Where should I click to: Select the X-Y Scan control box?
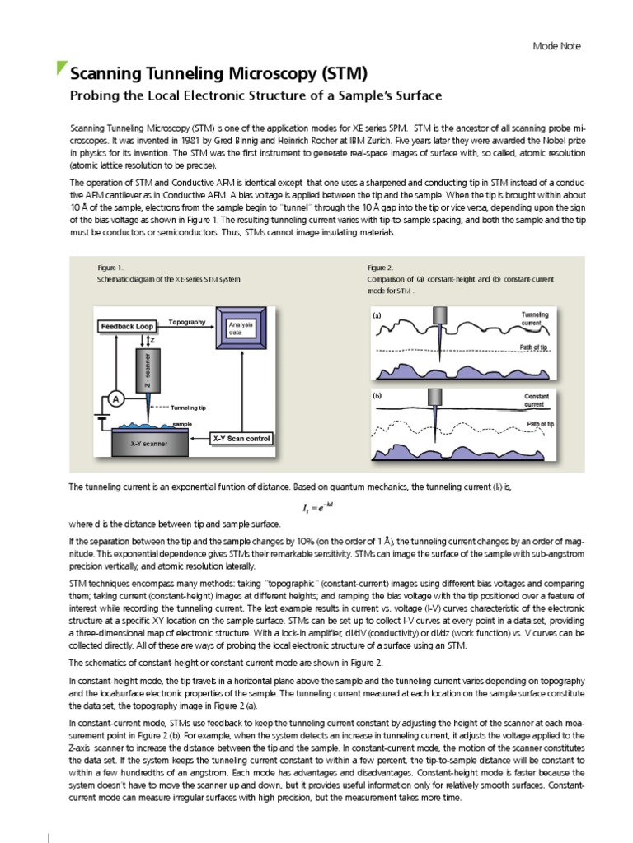point(241,438)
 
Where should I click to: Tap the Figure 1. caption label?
point(110,268)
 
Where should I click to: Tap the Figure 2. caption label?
point(380,268)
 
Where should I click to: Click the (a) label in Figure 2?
point(377,315)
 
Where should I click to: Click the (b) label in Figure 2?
point(377,395)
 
